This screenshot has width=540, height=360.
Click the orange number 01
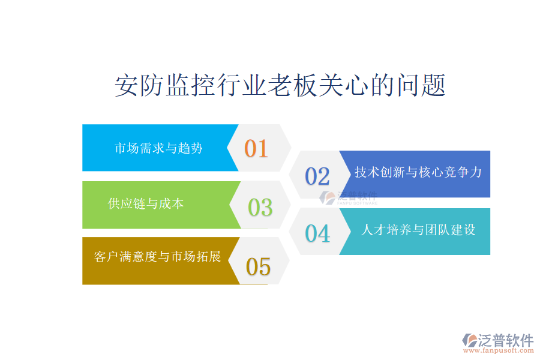pyautogui.click(x=256, y=148)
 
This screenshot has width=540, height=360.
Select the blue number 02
pyautogui.click(x=317, y=176)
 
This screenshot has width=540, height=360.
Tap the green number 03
pyautogui.click(x=260, y=208)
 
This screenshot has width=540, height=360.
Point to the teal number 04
pyautogui.click(x=317, y=233)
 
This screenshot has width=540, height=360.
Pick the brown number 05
pyautogui.click(x=258, y=266)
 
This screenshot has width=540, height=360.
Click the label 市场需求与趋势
pyautogui.click(x=158, y=148)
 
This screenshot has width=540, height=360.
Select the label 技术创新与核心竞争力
pyautogui.click(x=418, y=172)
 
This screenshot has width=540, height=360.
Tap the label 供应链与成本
pyautogui.click(x=146, y=203)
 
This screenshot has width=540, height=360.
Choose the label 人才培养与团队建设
pyautogui.click(x=418, y=230)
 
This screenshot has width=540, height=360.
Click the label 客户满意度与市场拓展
pyautogui.click(x=157, y=257)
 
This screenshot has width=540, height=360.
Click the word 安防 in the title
pyautogui.click(x=139, y=85)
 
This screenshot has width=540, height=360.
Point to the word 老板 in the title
pyautogui.click(x=292, y=85)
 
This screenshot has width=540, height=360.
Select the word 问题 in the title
pyautogui.click(x=421, y=85)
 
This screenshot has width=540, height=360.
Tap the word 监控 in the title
pyautogui.click(x=190, y=85)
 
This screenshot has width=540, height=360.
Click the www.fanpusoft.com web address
pyautogui.click(x=499, y=350)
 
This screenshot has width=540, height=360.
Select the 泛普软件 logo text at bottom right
pyautogui.click(x=506, y=340)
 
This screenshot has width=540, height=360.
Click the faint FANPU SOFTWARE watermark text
pyautogui.click(x=357, y=203)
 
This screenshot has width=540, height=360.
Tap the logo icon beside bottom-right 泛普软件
pyautogui.click(x=470, y=340)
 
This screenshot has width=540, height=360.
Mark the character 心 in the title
pyautogui.click(x=356, y=85)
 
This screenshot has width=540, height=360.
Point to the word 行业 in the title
pyautogui.click(x=241, y=85)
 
